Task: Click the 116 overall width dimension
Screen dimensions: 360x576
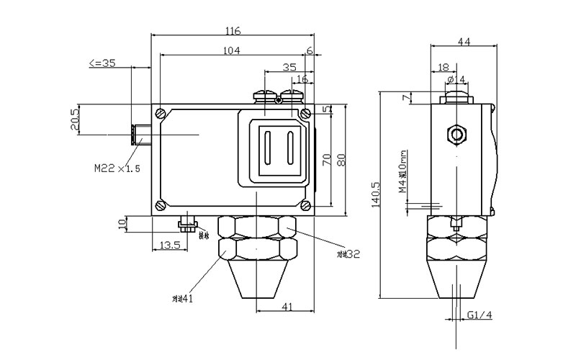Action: [232, 31]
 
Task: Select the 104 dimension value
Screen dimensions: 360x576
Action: [232, 50]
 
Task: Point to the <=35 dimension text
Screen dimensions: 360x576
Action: [102, 63]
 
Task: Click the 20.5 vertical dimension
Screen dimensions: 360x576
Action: [74, 121]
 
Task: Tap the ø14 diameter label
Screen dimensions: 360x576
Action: [456, 78]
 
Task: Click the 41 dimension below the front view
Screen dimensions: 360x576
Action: [286, 307]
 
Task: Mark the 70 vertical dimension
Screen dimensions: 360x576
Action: [325, 160]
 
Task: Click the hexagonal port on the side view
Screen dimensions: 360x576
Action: [456, 134]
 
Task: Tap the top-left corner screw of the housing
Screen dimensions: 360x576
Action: [160, 113]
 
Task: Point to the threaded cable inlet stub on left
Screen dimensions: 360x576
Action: [141, 134]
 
